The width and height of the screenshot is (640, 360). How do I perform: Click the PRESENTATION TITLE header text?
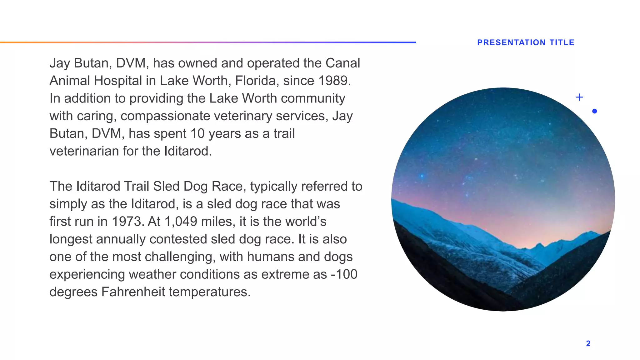(x=526, y=42)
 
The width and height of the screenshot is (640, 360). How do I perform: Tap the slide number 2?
(x=588, y=343)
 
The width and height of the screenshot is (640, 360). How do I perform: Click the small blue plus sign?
(x=579, y=97)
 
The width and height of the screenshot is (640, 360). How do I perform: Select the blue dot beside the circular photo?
(x=594, y=111)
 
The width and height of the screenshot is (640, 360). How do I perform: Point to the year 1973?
(x=127, y=222)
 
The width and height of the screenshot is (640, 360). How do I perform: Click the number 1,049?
(x=181, y=222)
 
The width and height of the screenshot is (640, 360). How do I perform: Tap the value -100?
(x=344, y=274)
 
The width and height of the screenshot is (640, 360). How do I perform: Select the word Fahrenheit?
(x=133, y=292)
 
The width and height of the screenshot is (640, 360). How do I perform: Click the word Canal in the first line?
(x=343, y=63)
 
